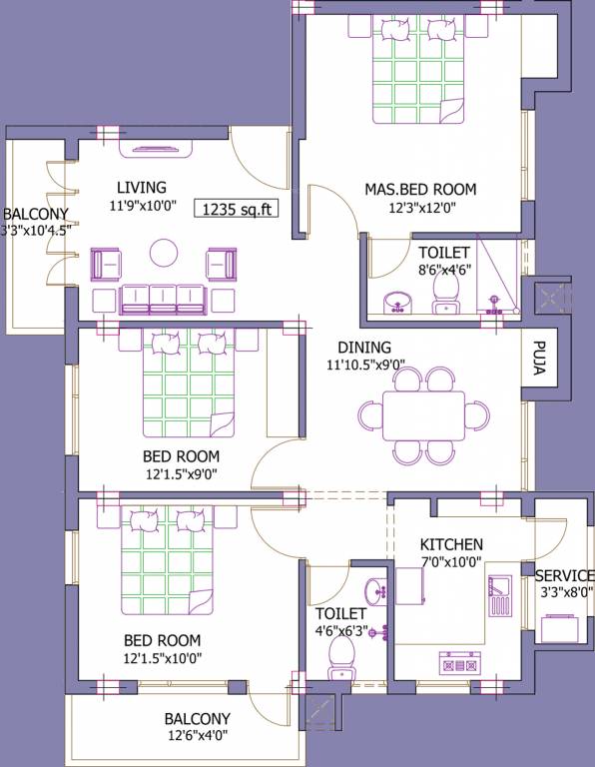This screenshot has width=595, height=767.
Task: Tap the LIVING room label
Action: click(141, 187)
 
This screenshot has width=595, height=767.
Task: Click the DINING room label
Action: click(363, 348)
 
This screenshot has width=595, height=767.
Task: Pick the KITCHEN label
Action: click(451, 544)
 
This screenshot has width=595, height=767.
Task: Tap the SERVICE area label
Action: click(564, 576)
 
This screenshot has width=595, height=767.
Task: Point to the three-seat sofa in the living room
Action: click(164, 299)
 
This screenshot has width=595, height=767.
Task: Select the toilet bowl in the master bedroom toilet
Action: click(444, 293)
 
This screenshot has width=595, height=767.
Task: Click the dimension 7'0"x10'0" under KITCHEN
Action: click(451, 562)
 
